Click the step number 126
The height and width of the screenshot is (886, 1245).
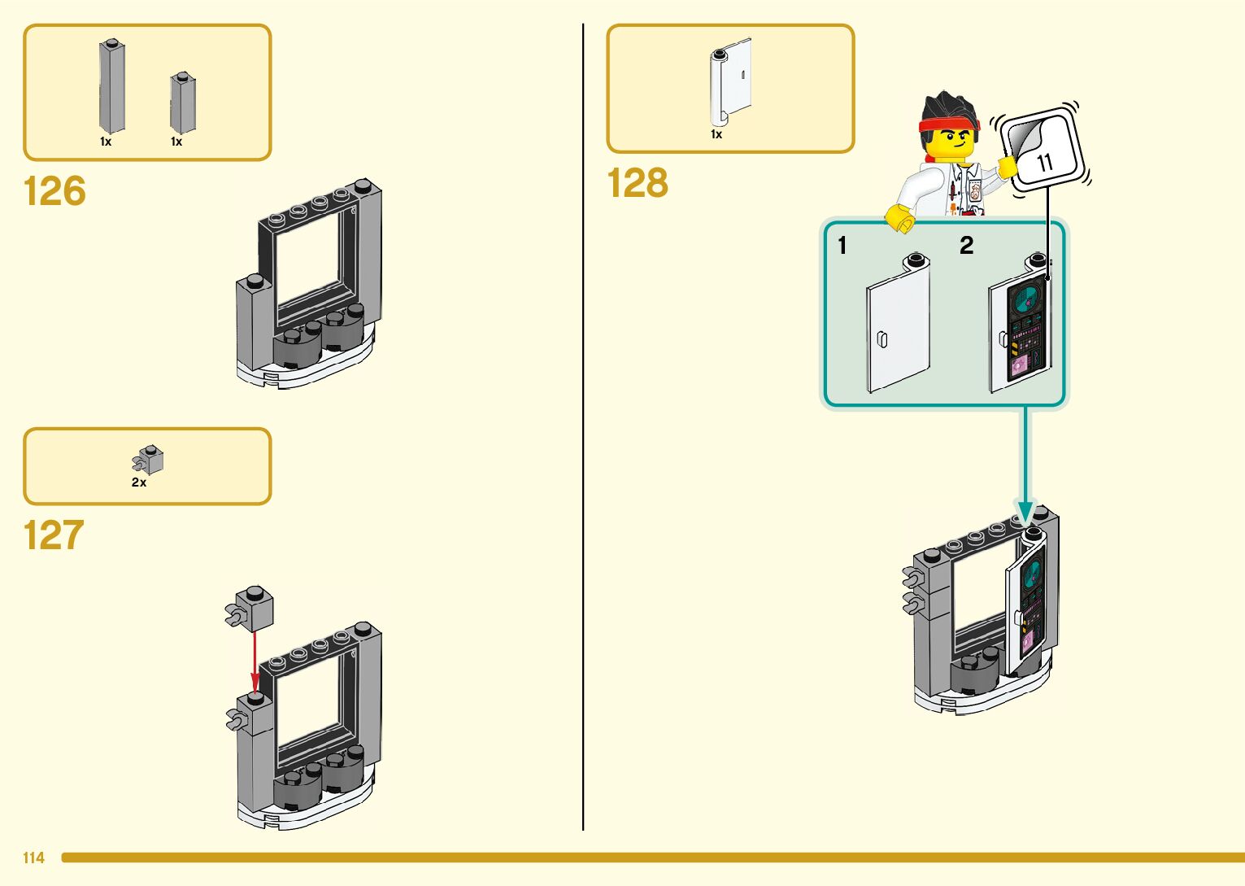[54, 192]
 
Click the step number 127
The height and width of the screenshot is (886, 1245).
[54, 536]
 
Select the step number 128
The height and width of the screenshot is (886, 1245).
[638, 184]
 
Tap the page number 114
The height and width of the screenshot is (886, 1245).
[33, 858]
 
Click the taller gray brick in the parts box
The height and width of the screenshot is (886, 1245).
[111, 87]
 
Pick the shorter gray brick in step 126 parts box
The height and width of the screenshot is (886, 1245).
[182, 103]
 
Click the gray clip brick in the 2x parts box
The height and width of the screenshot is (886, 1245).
[149, 460]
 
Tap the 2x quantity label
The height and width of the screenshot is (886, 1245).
[139, 482]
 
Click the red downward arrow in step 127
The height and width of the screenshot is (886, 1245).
[255, 659]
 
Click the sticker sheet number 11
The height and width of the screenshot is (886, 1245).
[1044, 162]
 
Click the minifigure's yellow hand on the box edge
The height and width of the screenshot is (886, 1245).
[899, 217]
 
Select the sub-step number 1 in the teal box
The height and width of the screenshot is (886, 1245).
[842, 245]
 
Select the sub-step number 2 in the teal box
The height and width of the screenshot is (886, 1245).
[966, 245]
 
